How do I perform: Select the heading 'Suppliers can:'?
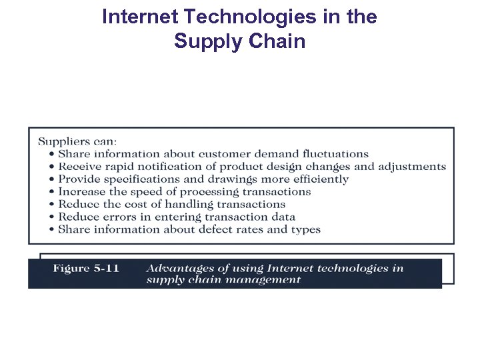pyautogui.click(x=77, y=141)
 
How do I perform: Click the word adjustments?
pyautogui.click(x=412, y=167)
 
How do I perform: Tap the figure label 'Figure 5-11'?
pyautogui.click(x=86, y=269)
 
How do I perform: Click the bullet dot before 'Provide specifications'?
pyautogui.click(x=52, y=179)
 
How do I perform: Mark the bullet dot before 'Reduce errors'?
pyautogui.click(x=52, y=217)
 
